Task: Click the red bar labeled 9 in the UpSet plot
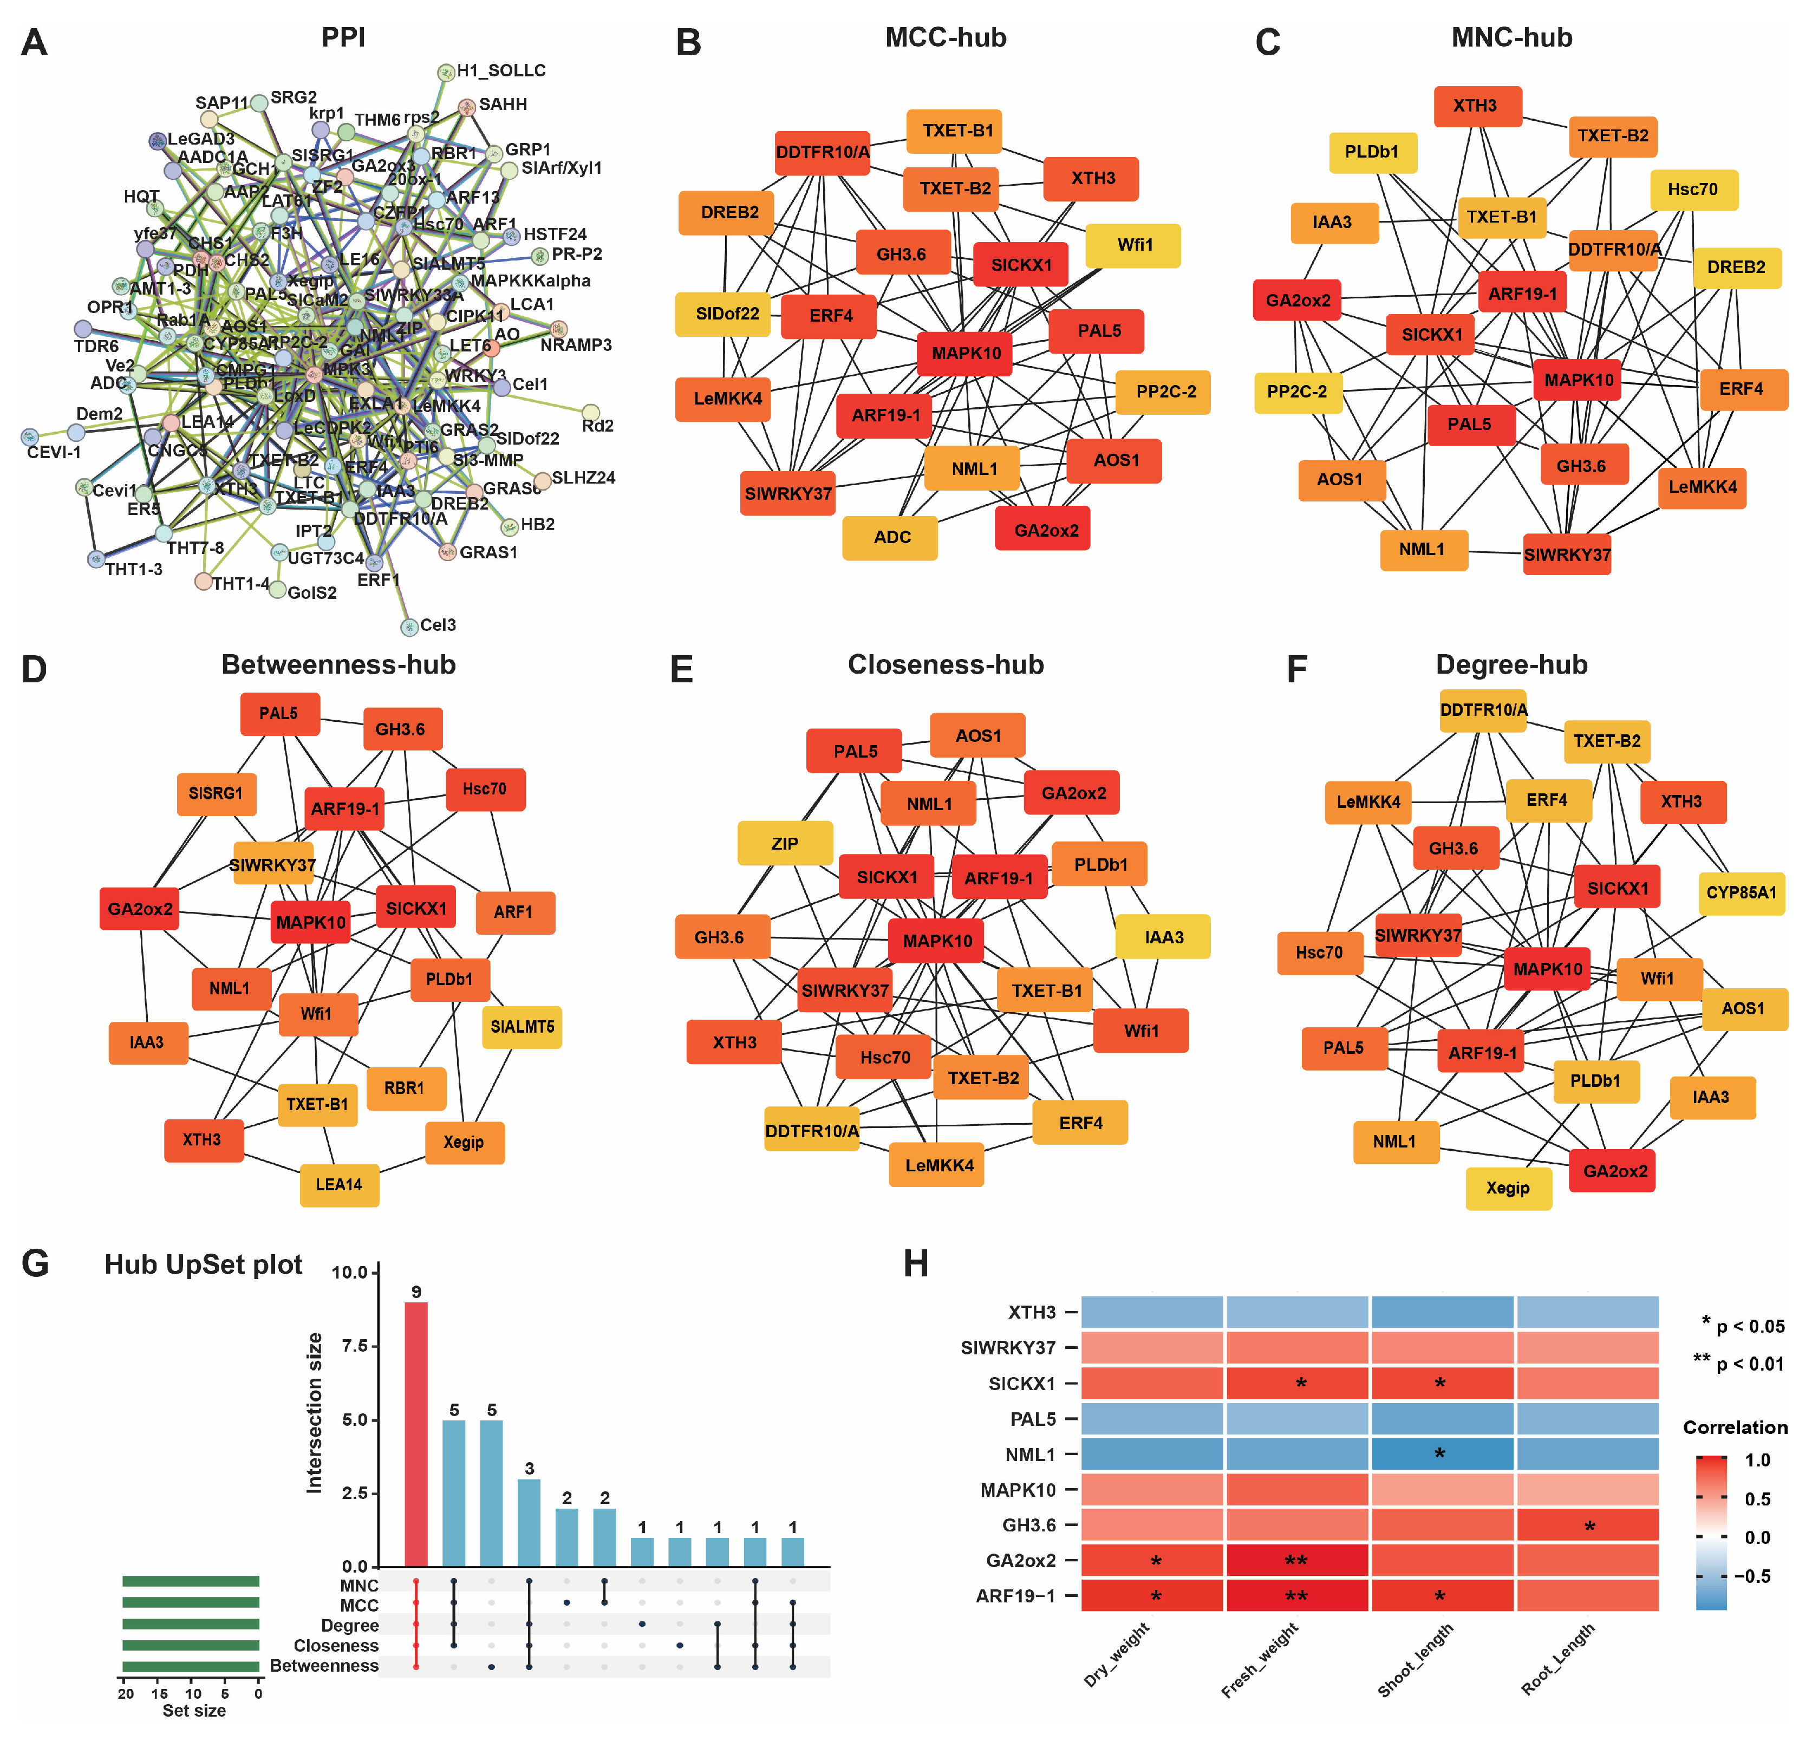pos(416,1433)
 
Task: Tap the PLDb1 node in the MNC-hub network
pos(1372,152)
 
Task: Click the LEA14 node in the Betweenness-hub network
pos(340,1184)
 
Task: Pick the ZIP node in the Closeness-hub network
pos(785,843)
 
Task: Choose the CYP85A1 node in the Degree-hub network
pos(1741,892)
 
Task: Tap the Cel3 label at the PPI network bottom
pos(437,625)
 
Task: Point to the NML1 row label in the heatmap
pos(1030,1455)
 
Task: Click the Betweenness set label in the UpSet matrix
pos(324,1665)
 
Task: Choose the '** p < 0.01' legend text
pos(1738,1363)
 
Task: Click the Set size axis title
pos(193,1711)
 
